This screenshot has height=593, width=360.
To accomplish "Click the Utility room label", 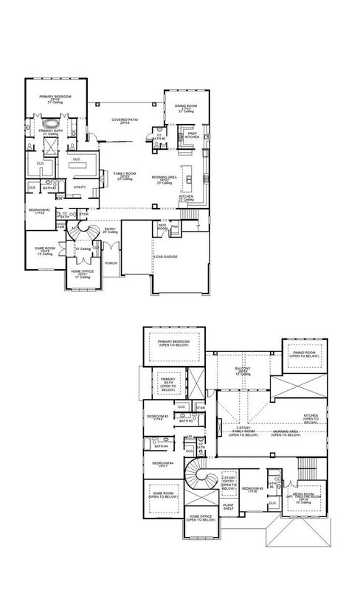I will [80, 187].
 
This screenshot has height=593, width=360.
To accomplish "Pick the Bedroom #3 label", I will [157, 417].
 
